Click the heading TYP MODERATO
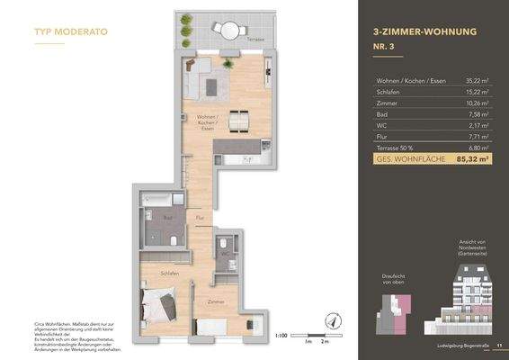coord(71,31)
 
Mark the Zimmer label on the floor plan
coord(215,302)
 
